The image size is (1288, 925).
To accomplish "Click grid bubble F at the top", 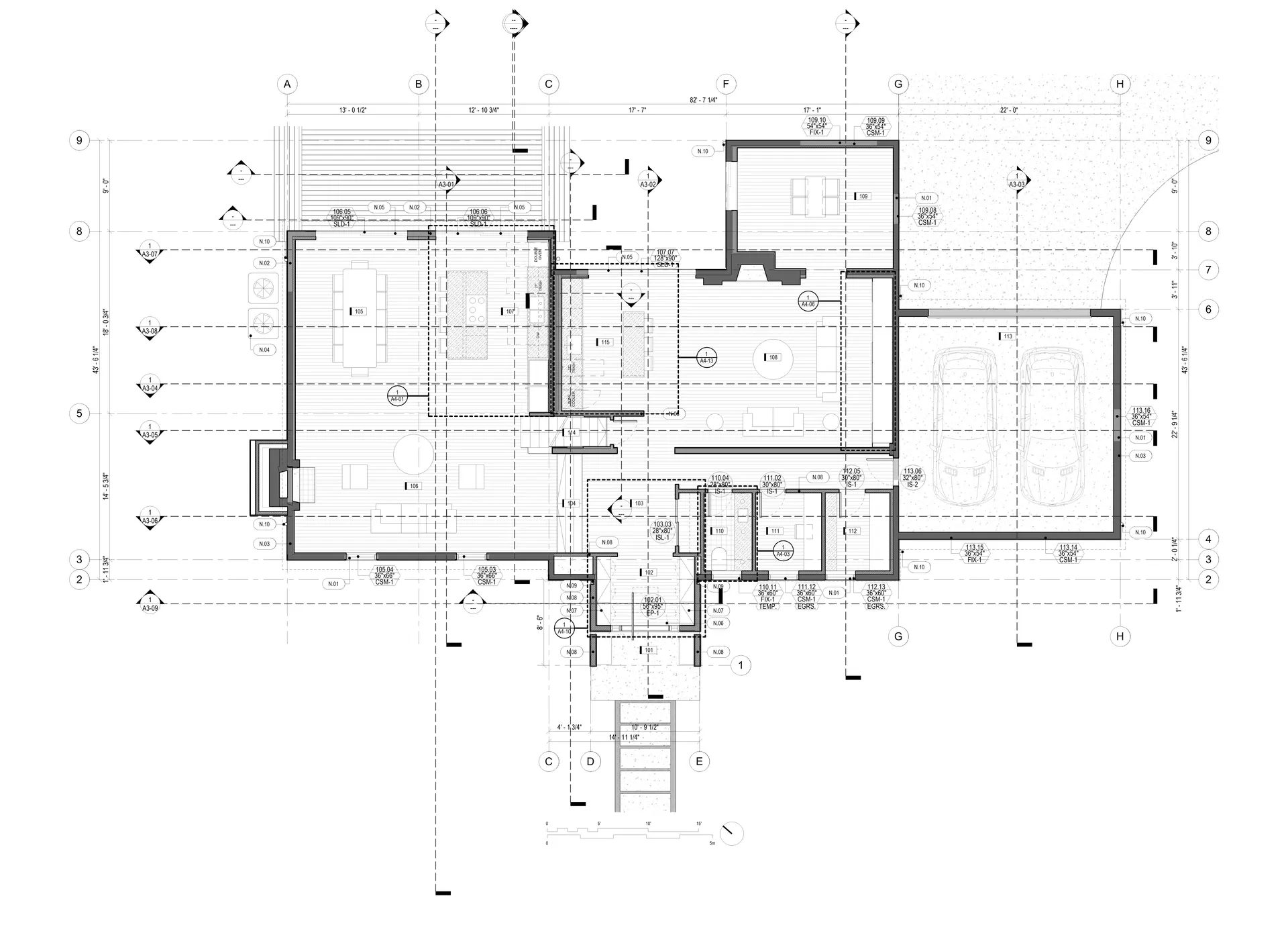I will tap(725, 85).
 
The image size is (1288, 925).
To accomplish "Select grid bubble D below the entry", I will tap(590, 761).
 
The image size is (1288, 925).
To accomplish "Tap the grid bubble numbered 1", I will tap(741, 666).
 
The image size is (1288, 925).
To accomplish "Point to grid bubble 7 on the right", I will tap(1208, 270).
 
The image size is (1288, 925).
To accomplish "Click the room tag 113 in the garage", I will tap(1006, 336).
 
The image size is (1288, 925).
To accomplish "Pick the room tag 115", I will tap(604, 342).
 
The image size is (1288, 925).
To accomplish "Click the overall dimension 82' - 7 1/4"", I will tap(704, 100).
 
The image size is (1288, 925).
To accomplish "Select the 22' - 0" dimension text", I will tap(1009, 110).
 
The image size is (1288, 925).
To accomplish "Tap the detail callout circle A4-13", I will tap(706, 357).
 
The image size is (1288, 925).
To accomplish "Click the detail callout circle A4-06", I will tap(808, 300).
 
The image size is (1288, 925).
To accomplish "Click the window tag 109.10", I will tap(816, 126).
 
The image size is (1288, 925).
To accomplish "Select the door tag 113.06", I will tap(912, 477).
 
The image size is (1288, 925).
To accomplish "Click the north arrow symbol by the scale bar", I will tap(733, 834).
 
